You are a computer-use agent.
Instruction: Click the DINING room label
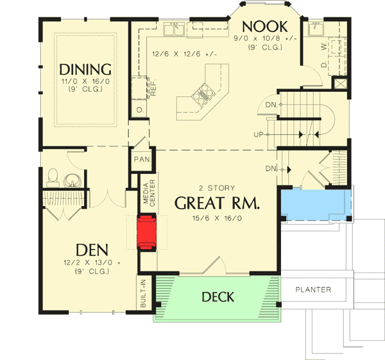tap(85, 69)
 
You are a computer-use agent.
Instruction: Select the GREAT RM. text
tap(217, 203)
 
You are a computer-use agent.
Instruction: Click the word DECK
tap(218, 297)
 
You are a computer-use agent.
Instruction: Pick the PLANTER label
tap(313, 289)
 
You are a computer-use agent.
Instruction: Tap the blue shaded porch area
tap(316, 205)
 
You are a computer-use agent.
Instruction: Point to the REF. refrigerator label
tap(153, 89)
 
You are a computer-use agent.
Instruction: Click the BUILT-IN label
tap(143, 291)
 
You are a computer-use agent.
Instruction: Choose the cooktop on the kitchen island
tap(201, 95)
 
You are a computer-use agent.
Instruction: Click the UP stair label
tap(259, 134)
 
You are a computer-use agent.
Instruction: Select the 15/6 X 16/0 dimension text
tap(217, 218)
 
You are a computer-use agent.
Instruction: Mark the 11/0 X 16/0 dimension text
tap(85, 83)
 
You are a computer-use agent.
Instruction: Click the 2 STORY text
tap(217, 188)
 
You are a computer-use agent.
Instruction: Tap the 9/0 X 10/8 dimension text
tap(264, 38)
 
